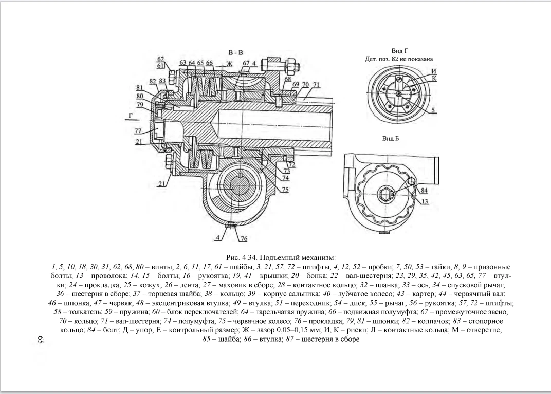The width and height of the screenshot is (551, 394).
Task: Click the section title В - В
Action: tap(235, 53)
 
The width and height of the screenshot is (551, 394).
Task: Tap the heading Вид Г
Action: tap(399, 51)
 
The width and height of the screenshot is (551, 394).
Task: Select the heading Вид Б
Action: tap(391, 138)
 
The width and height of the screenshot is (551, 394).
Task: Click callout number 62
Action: tap(160, 59)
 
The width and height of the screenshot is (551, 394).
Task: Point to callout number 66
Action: tap(209, 63)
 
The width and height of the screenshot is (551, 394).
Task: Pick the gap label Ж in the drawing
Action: tap(229, 64)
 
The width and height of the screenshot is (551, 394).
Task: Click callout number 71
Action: tap(316, 85)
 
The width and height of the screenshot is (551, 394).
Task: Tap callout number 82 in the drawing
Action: tap(153, 81)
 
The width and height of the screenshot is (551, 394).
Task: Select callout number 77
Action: tap(138, 131)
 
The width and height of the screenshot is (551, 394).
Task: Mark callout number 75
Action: tap(285, 189)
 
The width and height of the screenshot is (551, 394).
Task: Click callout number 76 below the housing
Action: tap(244, 239)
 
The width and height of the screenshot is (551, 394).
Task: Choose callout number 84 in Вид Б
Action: tap(424, 191)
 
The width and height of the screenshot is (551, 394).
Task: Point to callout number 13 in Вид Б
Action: tap(425, 201)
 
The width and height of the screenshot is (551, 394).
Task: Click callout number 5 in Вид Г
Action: tap(433, 110)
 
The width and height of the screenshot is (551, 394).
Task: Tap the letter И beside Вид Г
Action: tap(434, 71)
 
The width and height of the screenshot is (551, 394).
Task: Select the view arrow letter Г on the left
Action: tap(131, 116)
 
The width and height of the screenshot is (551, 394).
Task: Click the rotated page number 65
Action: tap(40, 340)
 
